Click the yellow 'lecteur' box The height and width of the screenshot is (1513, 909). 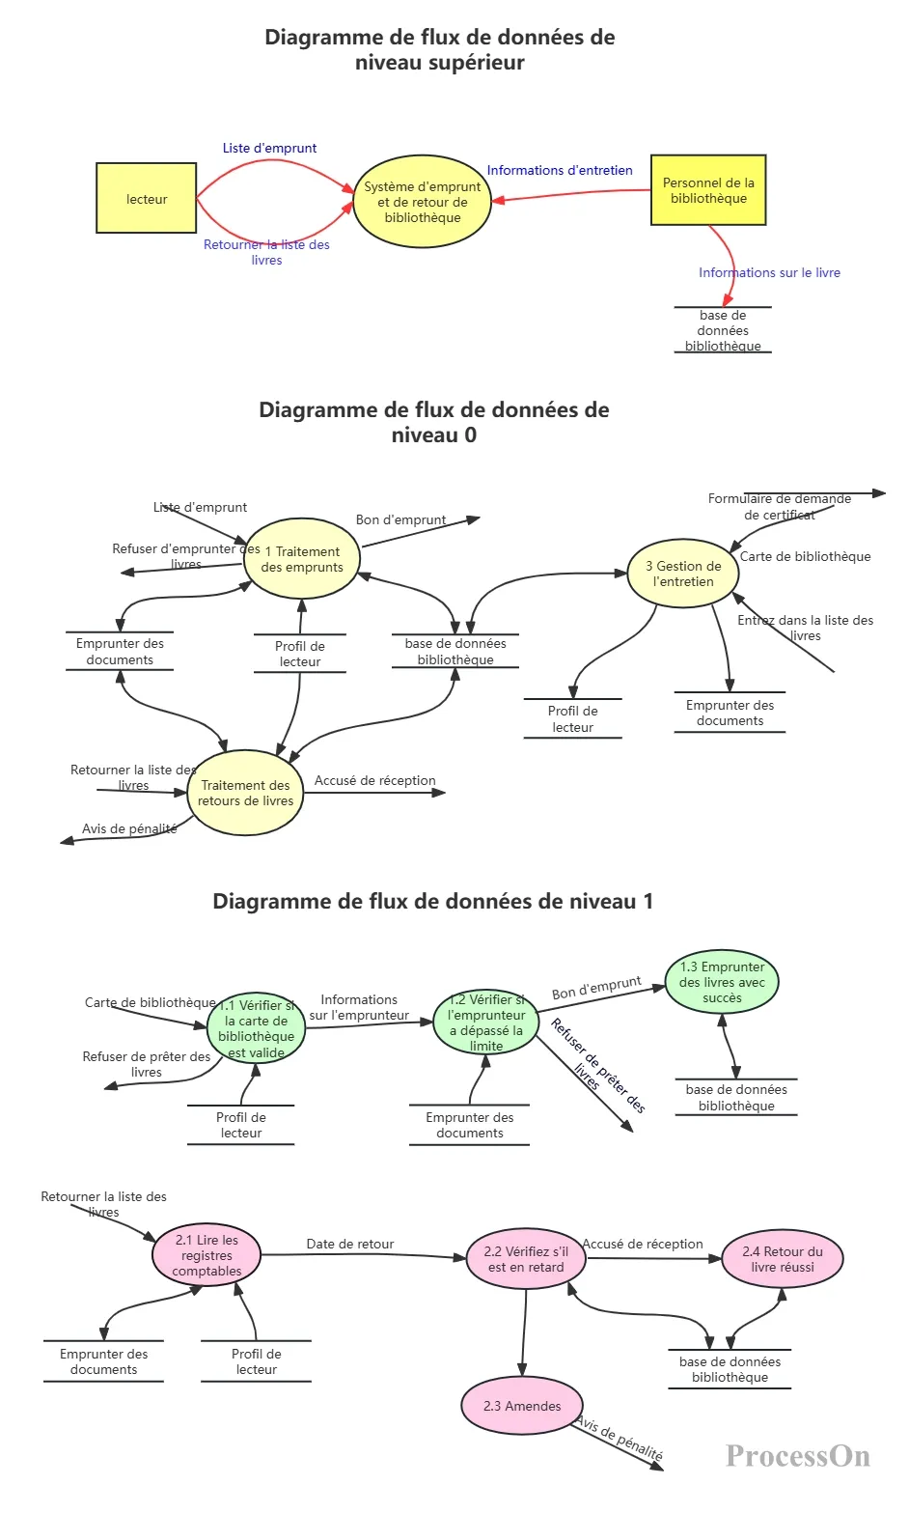pyautogui.click(x=147, y=198)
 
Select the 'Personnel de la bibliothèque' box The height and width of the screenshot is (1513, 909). pyautogui.click(x=708, y=190)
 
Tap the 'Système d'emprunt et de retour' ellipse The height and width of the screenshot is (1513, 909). pyautogui.click(x=423, y=201)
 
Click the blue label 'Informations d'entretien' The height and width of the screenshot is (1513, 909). pyautogui.click(x=560, y=170)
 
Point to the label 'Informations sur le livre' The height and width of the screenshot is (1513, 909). pyautogui.click(x=769, y=272)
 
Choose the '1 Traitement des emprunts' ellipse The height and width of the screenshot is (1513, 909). pyautogui.click(x=302, y=559)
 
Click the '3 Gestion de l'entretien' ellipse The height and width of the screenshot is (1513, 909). pyautogui.click(x=683, y=574)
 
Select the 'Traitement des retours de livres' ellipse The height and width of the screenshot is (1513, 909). pyautogui.click(x=245, y=793)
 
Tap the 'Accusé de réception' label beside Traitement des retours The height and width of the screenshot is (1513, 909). pyautogui.click(x=374, y=780)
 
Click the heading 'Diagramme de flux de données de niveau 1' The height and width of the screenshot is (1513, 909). pyautogui.click(x=432, y=901)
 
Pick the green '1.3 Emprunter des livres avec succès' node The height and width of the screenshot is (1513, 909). pyautogui.click(x=722, y=982)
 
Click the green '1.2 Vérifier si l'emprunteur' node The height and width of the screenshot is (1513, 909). pyautogui.click(x=486, y=1022)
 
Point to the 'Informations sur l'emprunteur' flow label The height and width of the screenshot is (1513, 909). pyautogui.click(x=359, y=1007)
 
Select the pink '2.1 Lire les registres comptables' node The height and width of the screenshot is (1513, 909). pyautogui.click(x=207, y=1255)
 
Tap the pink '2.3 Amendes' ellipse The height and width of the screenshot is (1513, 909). pyautogui.click(x=522, y=1406)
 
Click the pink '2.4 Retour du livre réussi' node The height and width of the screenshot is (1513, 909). pyautogui.click(x=783, y=1259)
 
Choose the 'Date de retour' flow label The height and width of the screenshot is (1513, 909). pyautogui.click(x=349, y=1244)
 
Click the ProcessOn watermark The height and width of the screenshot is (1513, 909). pyautogui.click(x=798, y=1456)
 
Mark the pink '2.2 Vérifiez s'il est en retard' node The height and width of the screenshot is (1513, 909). pyautogui.click(x=526, y=1259)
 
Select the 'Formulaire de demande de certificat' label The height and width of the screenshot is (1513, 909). pyautogui.click(x=780, y=507)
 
